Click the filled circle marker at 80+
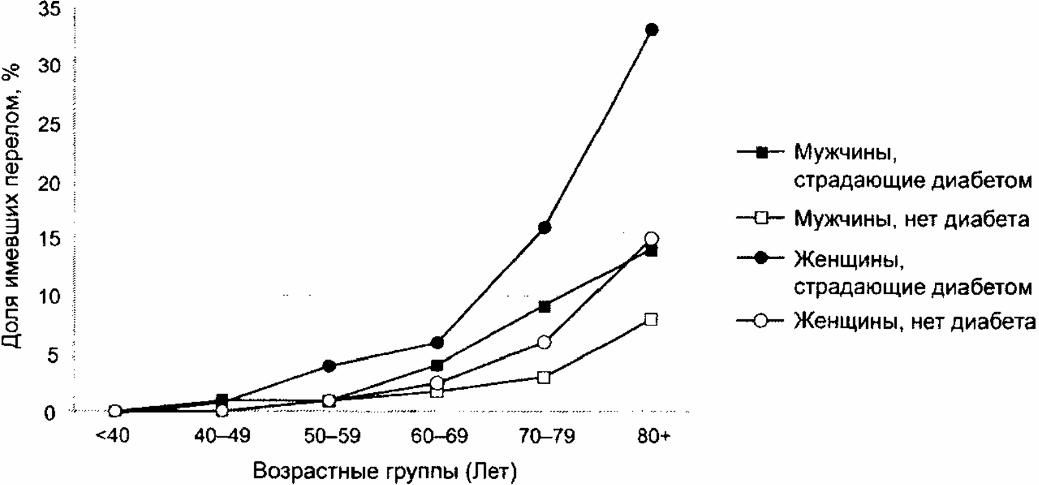(651, 29)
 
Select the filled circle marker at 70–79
(544, 228)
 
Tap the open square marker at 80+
(651, 320)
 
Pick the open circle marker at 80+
(651, 238)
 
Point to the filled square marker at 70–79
(544, 306)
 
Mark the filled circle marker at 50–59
(329, 366)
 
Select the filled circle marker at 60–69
(437, 343)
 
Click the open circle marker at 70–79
(544, 343)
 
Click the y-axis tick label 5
(54, 356)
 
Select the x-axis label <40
(113, 436)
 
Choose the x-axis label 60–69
(439, 436)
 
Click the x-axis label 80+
(654, 436)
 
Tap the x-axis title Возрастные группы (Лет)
(385, 471)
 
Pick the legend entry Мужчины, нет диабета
(911, 219)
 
